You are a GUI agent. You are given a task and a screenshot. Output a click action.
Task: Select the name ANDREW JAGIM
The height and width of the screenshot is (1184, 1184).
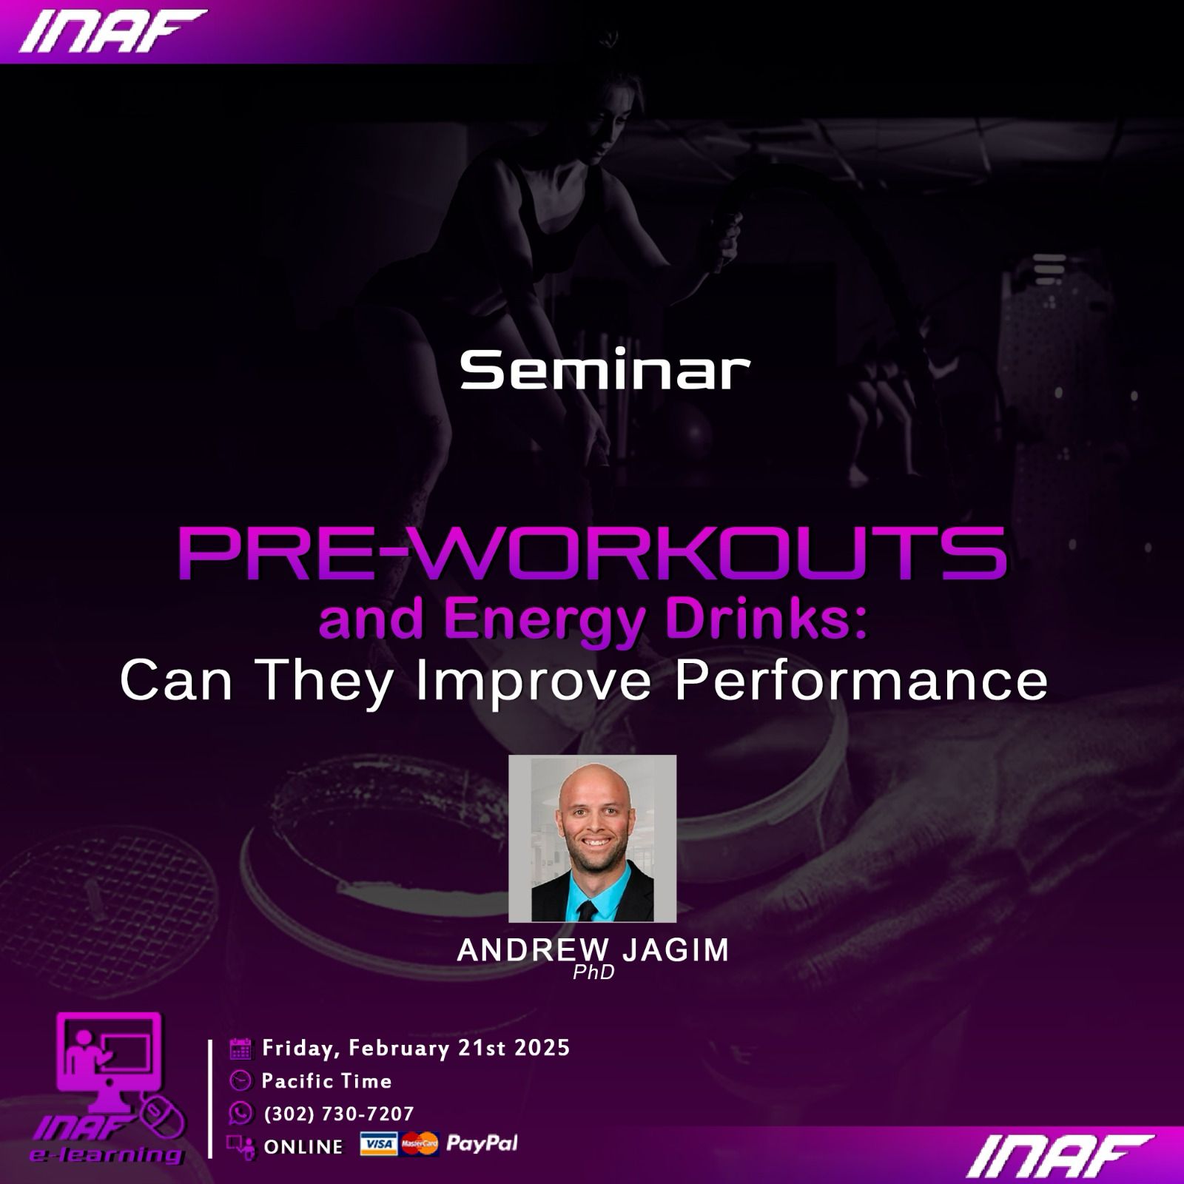click(x=593, y=950)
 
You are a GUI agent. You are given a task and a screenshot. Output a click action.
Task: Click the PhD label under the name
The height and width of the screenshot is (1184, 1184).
click(x=593, y=972)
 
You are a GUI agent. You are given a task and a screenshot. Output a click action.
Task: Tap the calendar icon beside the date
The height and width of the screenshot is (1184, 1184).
click(x=240, y=1049)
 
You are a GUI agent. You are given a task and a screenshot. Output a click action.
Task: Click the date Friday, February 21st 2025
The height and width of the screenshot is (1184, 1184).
click(x=416, y=1048)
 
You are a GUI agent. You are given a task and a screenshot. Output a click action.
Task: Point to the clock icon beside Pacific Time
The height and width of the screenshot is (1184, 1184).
click(x=240, y=1081)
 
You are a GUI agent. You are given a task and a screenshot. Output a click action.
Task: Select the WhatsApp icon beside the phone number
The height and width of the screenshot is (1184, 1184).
click(x=240, y=1113)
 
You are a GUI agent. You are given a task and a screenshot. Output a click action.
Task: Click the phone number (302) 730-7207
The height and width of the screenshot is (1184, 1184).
click(x=339, y=1114)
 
